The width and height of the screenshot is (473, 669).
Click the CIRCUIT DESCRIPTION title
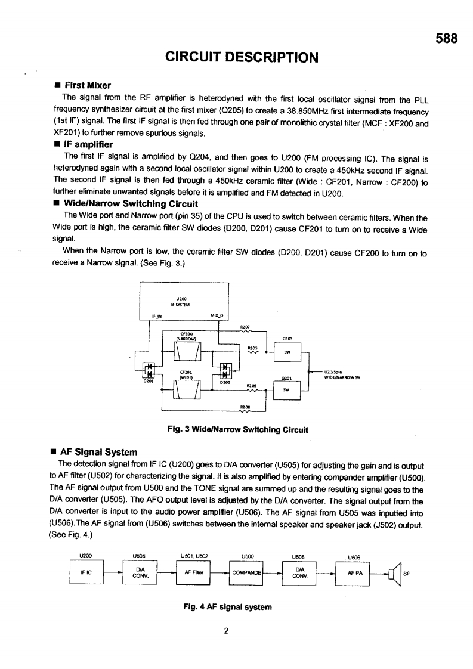coord(242,57)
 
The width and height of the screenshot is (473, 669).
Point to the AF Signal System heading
coord(98,451)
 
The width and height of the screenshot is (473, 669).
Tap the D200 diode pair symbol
coord(225,370)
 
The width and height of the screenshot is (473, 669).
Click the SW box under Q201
coord(287,392)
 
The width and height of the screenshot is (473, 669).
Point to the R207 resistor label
coord(243,327)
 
